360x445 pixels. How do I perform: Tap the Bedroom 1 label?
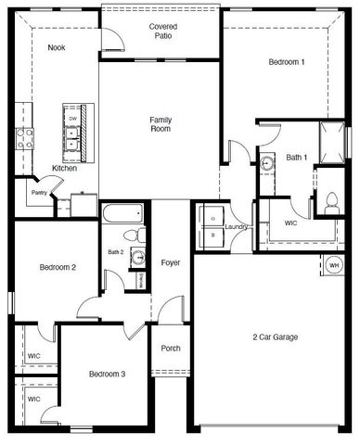pyautogui.click(x=287, y=62)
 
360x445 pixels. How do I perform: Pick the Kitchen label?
pyautogui.click(x=65, y=168)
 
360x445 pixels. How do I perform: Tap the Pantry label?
pyautogui.click(x=38, y=192)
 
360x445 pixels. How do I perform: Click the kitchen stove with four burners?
pyautogui.click(x=25, y=138)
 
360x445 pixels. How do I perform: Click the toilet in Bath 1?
pyautogui.click(x=331, y=202)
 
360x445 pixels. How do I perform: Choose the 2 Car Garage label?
pyautogui.click(x=276, y=337)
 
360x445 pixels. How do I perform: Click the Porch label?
pyautogui.click(x=171, y=349)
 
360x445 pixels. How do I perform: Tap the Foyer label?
pyautogui.click(x=170, y=263)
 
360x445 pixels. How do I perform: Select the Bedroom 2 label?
pyautogui.click(x=58, y=268)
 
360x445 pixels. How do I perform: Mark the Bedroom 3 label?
pyautogui.click(x=107, y=375)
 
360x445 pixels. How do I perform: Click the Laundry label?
pyautogui.click(x=236, y=225)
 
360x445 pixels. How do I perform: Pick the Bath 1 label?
pyautogui.click(x=297, y=158)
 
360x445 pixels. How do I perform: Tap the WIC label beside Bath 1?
pyautogui.click(x=290, y=223)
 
